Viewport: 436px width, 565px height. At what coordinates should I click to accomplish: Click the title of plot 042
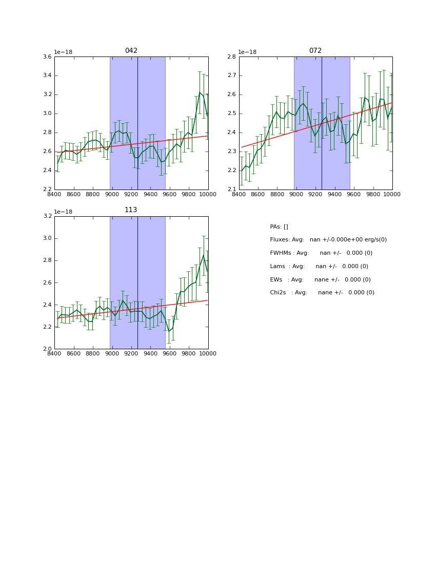(x=131, y=51)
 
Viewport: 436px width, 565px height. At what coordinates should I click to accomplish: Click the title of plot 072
(x=315, y=51)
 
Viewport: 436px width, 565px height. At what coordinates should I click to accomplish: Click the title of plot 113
(x=131, y=210)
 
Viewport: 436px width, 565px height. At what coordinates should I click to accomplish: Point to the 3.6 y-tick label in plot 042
(x=47, y=57)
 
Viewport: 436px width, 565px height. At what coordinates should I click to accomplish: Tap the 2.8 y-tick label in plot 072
(x=232, y=57)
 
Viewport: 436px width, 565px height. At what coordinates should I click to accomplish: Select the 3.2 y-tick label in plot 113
(x=47, y=216)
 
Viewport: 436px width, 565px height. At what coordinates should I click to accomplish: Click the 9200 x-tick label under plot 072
(x=315, y=195)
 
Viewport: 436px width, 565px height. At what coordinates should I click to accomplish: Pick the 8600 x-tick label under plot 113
(x=73, y=354)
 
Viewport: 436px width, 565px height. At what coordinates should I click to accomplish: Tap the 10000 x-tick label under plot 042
(x=208, y=195)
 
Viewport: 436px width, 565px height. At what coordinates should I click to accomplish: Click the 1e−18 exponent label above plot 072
(x=248, y=52)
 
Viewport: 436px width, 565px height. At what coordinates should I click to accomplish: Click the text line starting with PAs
(x=279, y=227)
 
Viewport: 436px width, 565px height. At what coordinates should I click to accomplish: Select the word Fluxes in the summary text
(x=280, y=240)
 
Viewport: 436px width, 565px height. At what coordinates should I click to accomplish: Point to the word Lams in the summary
(x=278, y=267)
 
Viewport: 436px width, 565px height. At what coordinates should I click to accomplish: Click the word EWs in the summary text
(x=276, y=280)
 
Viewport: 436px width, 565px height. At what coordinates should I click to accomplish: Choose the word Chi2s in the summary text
(x=279, y=293)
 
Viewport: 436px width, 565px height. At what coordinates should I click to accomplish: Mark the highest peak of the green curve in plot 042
(x=200, y=92)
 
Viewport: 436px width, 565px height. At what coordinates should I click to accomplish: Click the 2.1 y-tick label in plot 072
(x=232, y=190)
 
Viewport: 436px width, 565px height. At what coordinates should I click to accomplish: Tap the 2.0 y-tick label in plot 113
(x=47, y=349)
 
